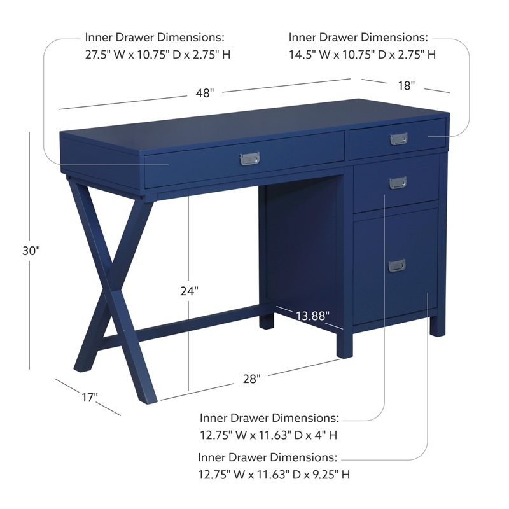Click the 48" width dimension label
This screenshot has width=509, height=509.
click(x=204, y=93)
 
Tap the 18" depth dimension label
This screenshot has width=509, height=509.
click(x=406, y=85)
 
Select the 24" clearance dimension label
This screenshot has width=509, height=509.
click(x=188, y=291)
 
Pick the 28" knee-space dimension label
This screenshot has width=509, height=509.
click(x=251, y=379)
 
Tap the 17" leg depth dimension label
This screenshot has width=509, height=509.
click(x=89, y=398)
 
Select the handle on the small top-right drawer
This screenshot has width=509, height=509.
click(x=398, y=139)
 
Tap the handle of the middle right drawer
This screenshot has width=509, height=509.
click(x=398, y=182)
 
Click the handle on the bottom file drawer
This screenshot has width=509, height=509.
click(x=398, y=265)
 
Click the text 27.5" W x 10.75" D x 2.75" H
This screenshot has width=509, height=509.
click(x=158, y=55)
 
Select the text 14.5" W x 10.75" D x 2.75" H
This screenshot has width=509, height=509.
click(x=362, y=55)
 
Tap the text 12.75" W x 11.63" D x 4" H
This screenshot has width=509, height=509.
click(x=268, y=436)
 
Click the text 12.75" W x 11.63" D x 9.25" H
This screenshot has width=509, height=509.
click(x=274, y=475)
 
